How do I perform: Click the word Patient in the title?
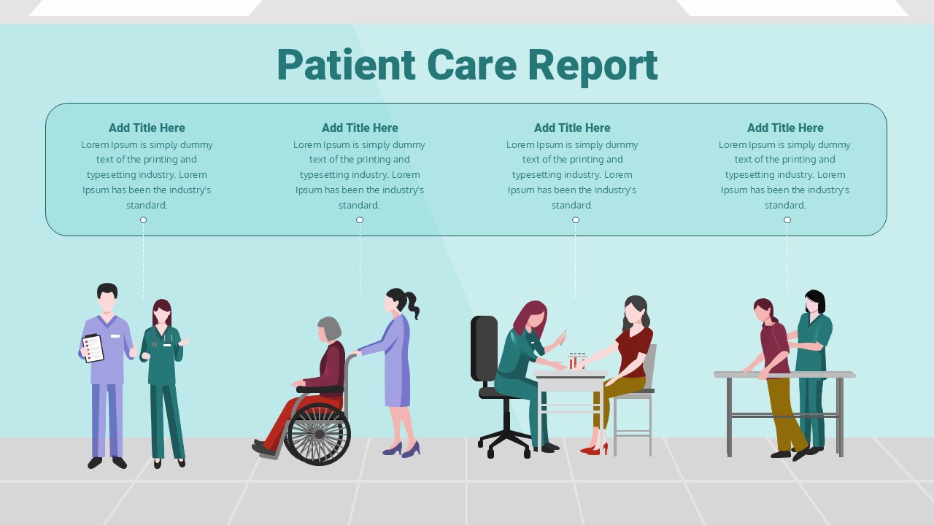point(346,65)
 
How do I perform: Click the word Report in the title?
point(593,66)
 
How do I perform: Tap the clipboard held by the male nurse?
point(93,348)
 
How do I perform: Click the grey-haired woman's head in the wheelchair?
point(329,329)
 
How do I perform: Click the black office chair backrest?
point(484,349)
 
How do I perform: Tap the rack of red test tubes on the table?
point(577,361)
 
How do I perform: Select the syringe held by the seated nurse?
point(563,337)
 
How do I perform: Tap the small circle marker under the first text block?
point(144,219)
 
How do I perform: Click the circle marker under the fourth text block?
point(787,219)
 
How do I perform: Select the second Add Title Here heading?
point(360,128)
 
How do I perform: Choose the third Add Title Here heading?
point(572,128)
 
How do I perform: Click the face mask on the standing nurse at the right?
point(810,308)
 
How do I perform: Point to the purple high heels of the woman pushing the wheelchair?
point(401,449)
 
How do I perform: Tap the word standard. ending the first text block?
point(147,205)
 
